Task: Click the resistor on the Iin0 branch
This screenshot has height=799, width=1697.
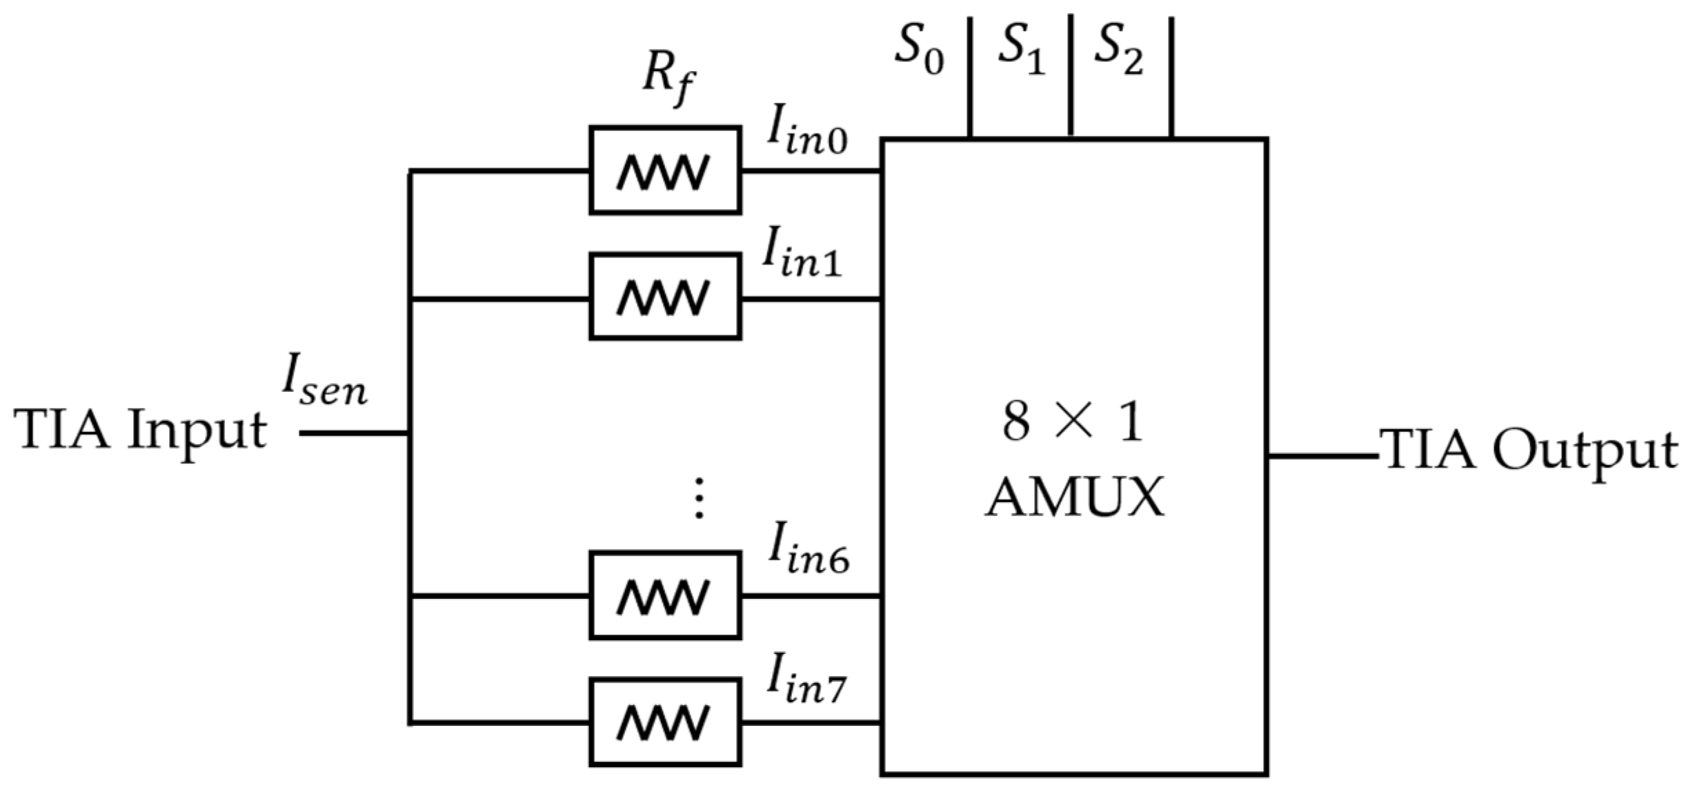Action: point(665,170)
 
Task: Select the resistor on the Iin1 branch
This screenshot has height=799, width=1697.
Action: point(665,297)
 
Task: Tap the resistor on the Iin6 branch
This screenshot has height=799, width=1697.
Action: point(665,595)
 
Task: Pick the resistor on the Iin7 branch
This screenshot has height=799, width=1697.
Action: point(665,722)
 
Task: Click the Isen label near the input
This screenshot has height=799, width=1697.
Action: point(324,385)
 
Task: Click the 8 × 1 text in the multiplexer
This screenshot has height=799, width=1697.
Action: point(1072,422)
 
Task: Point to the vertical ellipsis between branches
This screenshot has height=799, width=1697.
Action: point(699,498)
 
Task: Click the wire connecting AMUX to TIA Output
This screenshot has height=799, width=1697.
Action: point(1322,456)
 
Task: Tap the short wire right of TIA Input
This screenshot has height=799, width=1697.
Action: point(353,433)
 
